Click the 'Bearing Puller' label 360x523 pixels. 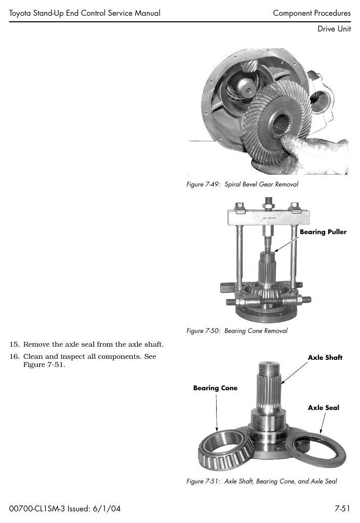coord(323,232)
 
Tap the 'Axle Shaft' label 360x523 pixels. coord(325,358)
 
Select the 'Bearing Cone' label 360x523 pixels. coord(215,388)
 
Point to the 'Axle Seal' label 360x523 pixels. coord(324,407)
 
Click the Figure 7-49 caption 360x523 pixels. coord(243,184)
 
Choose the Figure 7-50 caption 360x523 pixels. coord(236,330)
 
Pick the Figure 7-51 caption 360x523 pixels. coord(262,481)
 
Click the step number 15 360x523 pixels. coord(14,344)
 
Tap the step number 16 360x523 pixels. coord(14,357)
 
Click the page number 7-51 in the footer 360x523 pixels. coord(342,508)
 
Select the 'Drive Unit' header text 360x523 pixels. coord(334,29)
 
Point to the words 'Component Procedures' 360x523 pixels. coord(312,13)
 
